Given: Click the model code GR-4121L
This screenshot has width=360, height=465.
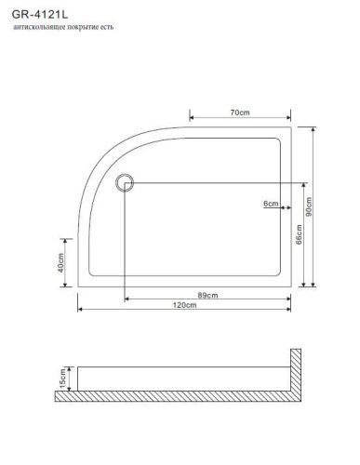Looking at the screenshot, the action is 40,14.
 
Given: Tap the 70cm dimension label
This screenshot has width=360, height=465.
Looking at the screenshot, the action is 240,113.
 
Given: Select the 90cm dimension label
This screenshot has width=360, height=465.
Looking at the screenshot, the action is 309,206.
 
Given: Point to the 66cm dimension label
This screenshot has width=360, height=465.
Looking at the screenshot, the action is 299,234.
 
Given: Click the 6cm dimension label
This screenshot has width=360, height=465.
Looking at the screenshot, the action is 271,204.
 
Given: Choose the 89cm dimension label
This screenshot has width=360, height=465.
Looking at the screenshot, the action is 207,295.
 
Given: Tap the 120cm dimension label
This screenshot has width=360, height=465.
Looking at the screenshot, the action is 184,305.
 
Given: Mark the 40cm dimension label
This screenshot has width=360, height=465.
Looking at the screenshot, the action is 60,263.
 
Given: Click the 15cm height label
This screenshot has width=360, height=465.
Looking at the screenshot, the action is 62,379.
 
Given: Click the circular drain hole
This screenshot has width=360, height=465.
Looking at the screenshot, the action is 125,182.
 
